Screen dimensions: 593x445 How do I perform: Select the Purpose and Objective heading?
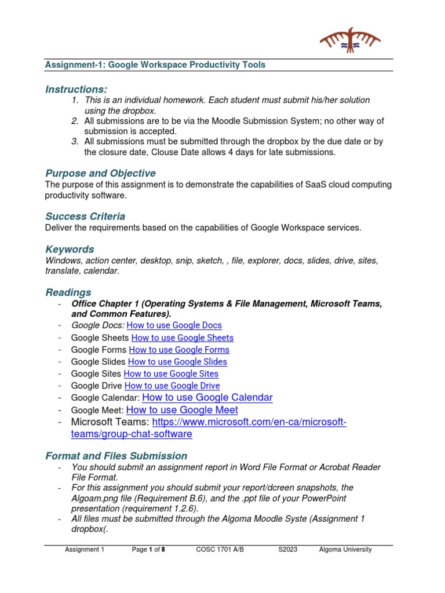(x=100, y=173)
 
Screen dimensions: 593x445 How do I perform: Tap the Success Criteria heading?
(x=85, y=216)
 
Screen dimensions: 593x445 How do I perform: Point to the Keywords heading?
(x=70, y=249)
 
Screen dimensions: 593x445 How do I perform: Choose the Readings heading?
(x=68, y=292)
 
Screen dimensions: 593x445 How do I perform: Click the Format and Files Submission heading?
(x=116, y=456)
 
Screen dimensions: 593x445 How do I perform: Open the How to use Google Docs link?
(x=174, y=325)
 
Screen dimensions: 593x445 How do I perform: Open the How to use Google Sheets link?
(x=183, y=338)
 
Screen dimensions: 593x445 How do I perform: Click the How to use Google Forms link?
(x=179, y=350)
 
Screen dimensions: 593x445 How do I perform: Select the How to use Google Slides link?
(x=177, y=362)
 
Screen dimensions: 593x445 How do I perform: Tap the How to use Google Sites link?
(x=171, y=374)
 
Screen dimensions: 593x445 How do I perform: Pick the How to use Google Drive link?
(x=172, y=386)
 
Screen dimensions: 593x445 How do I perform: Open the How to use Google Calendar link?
(x=207, y=397)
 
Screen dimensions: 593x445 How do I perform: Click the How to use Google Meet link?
(x=182, y=410)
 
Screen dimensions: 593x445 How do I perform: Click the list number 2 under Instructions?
(x=75, y=121)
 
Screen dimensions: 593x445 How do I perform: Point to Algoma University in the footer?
(x=345, y=550)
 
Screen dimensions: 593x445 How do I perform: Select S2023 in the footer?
(x=288, y=550)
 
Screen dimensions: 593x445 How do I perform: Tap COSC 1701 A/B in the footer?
(x=220, y=550)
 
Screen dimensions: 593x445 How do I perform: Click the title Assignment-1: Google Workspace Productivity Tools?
(x=155, y=65)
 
